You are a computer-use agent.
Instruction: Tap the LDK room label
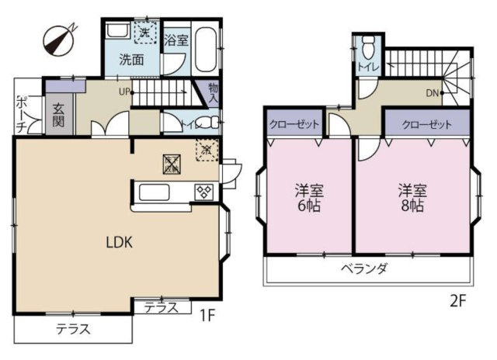coord(120,241)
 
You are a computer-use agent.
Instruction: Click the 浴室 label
coord(176,41)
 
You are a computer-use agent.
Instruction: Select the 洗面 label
coord(130,59)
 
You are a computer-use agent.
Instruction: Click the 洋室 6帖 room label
coord(308,199)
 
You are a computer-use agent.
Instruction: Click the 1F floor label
coord(206,317)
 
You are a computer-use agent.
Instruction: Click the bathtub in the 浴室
coord(206,50)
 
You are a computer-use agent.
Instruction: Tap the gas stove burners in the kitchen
coord(203,192)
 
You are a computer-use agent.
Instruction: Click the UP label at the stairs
coord(123,92)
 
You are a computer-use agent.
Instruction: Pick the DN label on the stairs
coord(433,94)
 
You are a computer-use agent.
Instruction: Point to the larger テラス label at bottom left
coord(73,329)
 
